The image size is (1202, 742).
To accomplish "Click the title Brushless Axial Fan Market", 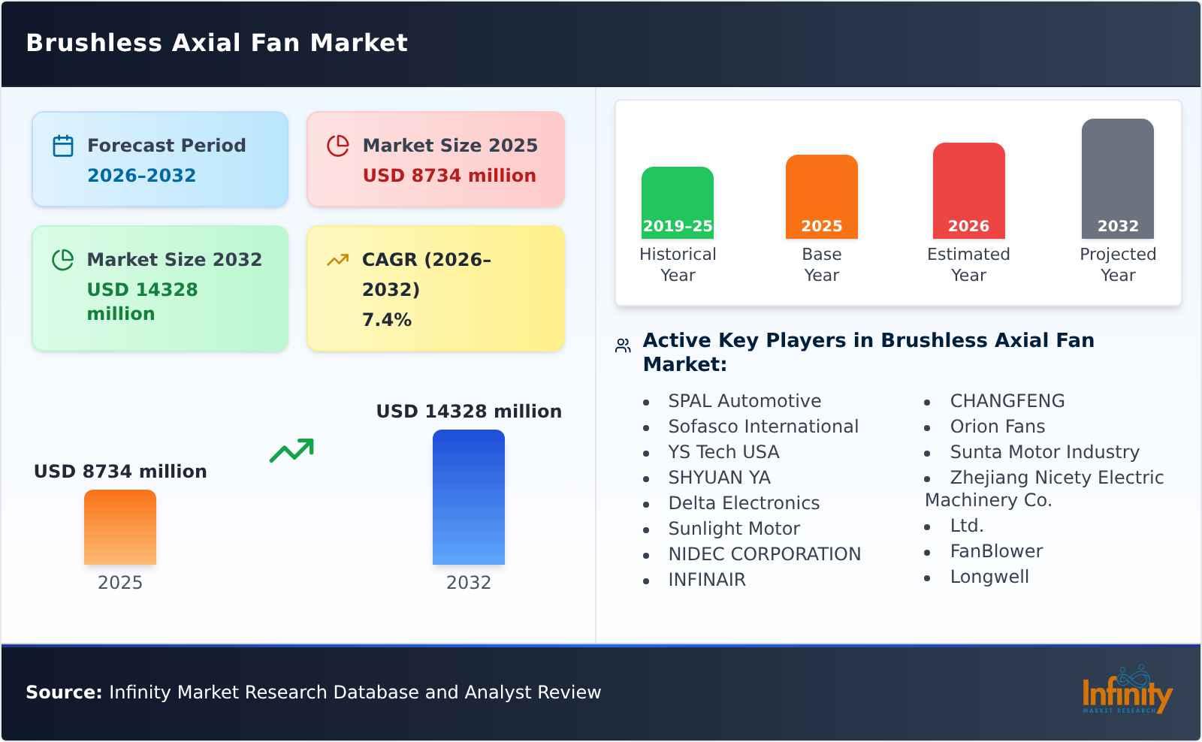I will tap(217, 43).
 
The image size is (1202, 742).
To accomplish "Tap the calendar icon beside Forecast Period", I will tap(63, 146).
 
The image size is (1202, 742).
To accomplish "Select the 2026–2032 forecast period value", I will tap(141, 176).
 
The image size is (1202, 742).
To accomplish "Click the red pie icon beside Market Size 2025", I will tap(338, 146).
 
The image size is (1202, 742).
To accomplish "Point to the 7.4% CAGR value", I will tap(386, 320).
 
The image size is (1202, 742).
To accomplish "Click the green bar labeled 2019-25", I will tap(677, 202).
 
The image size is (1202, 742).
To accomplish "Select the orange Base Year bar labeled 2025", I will tap(821, 196).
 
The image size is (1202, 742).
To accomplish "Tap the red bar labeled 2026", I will tap(968, 190).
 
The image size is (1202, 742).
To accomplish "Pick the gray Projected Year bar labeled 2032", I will tap(1117, 178).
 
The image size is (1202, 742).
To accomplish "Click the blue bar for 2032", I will tap(468, 496).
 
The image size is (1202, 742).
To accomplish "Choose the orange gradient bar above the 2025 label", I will tap(120, 526).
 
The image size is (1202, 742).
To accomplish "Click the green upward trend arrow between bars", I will tap(291, 451).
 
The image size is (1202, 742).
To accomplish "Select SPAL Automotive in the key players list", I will tap(744, 401).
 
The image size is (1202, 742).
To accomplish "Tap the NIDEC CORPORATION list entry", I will tap(764, 554).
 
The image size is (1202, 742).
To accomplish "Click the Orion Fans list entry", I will tap(997, 427).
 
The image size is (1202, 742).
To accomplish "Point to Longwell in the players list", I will tap(989, 577).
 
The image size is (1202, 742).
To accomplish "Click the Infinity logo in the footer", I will tap(1126, 691).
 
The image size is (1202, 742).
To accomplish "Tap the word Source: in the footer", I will tap(64, 692).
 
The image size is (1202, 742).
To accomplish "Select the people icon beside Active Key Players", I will tap(623, 345).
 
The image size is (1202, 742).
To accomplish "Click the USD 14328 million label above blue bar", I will tap(469, 412).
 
